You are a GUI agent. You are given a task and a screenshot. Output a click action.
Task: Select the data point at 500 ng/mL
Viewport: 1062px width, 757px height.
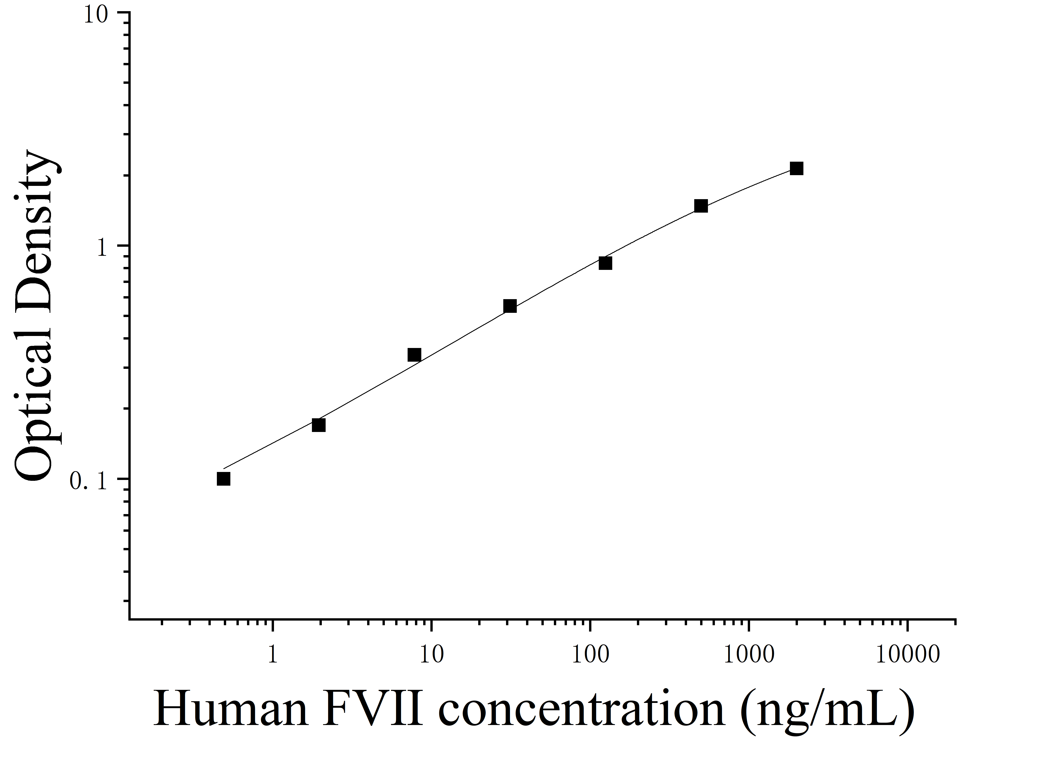(x=701, y=206)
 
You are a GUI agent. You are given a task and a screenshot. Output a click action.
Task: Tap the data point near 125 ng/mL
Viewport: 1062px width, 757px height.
(x=605, y=263)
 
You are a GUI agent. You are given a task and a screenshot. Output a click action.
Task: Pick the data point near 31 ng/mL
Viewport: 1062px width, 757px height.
(x=510, y=306)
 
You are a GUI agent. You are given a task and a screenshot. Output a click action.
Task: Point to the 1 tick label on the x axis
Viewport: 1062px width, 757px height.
(x=273, y=655)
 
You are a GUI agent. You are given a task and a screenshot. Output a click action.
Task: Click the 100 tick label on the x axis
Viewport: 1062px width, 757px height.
(x=590, y=655)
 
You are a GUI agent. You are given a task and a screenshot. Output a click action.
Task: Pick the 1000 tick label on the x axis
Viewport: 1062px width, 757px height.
(x=749, y=655)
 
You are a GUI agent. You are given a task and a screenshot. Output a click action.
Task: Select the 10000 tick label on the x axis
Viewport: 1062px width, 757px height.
(x=908, y=655)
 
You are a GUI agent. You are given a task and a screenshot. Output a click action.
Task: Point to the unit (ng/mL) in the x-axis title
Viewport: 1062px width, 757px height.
(x=826, y=711)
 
